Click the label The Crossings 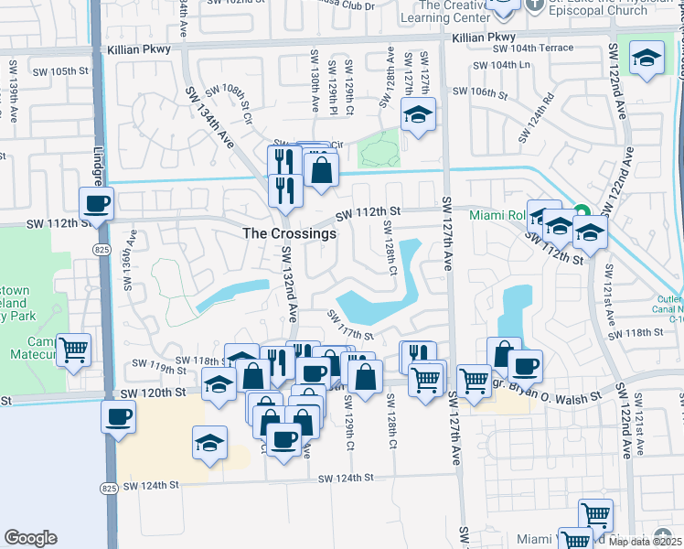coord(289,233)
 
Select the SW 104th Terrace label coord(533,48)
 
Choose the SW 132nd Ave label coord(289,284)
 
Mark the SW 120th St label coord(153,393)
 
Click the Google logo coord(30,538)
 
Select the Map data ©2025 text coord(646,541)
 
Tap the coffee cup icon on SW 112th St coord(95,202)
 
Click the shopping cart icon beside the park coord(73,349)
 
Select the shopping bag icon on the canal coord(322,169)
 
